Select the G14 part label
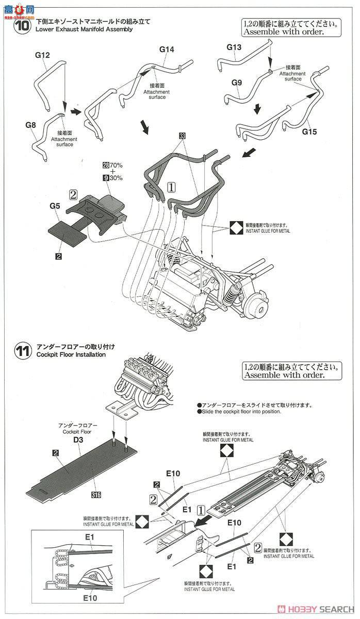coord(167,50)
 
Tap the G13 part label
coord(234,47)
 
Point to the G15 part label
coord(309,132)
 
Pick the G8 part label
coord(31,125)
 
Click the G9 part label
coord(237,82)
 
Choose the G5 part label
coord(55,206)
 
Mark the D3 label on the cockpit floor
coord(79,437)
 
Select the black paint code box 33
coord(182,136)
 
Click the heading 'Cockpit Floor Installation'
coord(71,355)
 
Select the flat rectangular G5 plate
coord(67,231)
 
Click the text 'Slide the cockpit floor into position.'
coord(239,411)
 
